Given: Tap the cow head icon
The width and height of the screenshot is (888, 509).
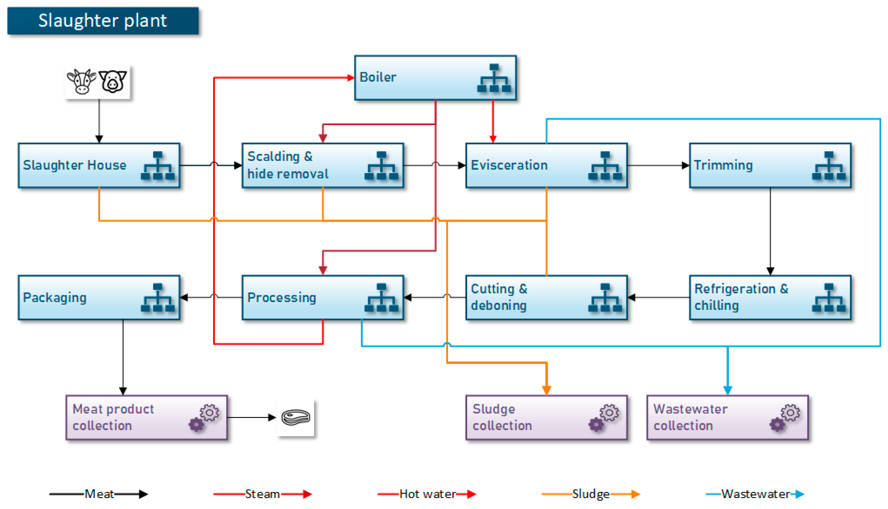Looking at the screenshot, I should (x=81, y=81).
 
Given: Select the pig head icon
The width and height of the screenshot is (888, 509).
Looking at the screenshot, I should (x=112, y=81).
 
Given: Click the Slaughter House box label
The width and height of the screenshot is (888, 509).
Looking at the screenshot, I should (x=74, y=165).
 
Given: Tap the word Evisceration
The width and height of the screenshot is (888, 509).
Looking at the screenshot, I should (x=509, y=165).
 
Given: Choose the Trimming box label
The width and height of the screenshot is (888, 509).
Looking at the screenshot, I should (x=723, y=165).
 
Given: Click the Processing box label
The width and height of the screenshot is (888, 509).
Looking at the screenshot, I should (x=281, y=298).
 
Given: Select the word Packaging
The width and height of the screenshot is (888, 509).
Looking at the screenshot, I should (x=55, y=298).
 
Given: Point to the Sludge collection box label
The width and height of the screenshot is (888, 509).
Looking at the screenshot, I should (x=502, y=417).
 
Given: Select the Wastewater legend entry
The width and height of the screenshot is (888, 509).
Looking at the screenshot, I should (x=755, y=494).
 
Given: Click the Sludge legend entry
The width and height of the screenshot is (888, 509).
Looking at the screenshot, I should (x=590, y=494).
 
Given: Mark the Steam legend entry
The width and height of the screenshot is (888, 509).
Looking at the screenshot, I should (x=262, y=494).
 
